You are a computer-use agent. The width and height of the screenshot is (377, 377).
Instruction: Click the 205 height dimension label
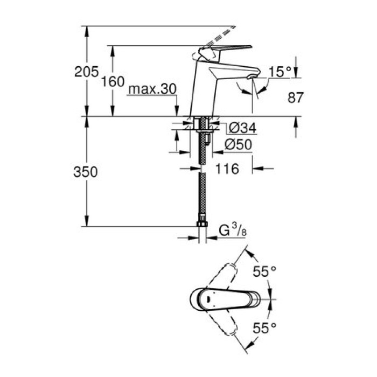point(87,72)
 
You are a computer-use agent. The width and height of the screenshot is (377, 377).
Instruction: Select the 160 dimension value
point(113,82)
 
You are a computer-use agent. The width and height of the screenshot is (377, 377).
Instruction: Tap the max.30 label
point(152,89)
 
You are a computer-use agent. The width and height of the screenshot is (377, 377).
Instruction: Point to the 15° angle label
point(280,71)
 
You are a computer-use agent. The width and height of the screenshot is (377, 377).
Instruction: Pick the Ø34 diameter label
point(241,128)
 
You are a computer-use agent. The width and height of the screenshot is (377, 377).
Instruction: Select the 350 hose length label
point(87,172)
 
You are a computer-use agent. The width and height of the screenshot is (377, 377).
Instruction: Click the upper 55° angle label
point(264,272)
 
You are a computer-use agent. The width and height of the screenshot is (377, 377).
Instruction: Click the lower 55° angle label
point(264,326)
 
